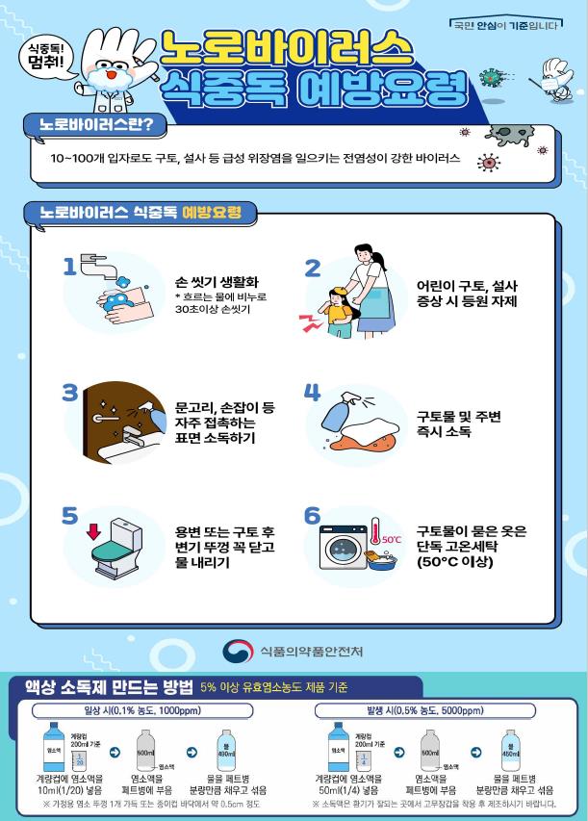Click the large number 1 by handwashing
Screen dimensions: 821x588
click(x=68, y=267)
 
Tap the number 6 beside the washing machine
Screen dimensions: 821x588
click(x=313, y=517)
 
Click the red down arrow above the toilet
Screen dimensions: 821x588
click(x=93, y=530)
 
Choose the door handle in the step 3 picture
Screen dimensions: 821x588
click(x=107, y=420)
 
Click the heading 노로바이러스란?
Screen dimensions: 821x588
click(x=94, y=126)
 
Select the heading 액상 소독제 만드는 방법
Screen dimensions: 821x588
click(x=101, y=687)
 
